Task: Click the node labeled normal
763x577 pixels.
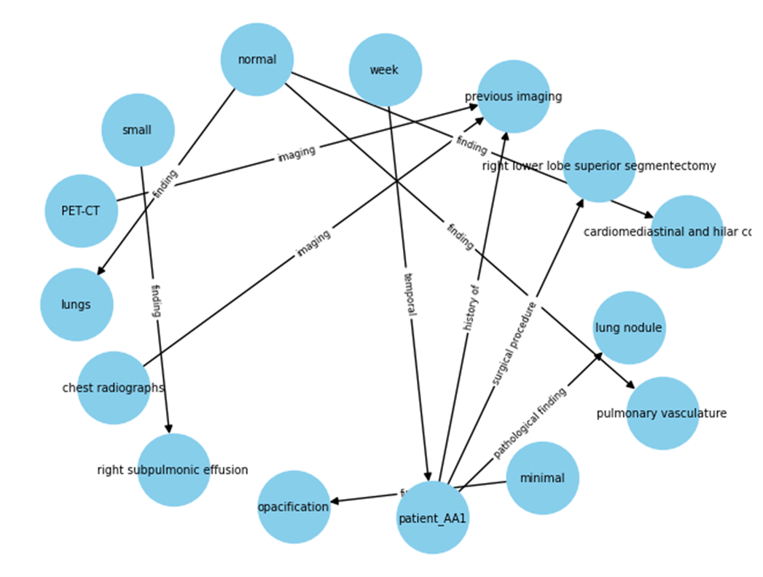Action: [257, 60]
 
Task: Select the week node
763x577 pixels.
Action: [385, 70]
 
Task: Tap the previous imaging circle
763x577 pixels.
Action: [513, 96]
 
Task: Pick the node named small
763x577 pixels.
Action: [137, 130]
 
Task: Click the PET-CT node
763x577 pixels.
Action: [81, 211]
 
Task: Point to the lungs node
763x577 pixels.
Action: [77, 304]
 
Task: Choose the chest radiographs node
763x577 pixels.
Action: [114, 387]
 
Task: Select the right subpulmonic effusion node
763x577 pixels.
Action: [173, 470]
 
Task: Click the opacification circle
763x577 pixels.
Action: [294, 507]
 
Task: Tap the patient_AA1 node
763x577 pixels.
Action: [432, 518]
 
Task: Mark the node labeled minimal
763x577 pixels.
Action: [542, 479]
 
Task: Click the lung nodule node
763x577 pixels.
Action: [628, 328]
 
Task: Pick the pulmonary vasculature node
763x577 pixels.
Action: [662, 414]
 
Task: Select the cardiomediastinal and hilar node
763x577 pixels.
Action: [686, 232]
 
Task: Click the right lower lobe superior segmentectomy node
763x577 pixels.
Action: [599, 166]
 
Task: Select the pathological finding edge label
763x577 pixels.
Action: [530, 422]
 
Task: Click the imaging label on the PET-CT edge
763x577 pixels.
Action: [296, 154]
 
